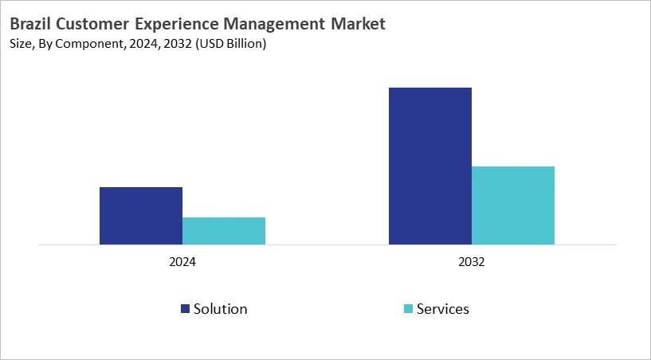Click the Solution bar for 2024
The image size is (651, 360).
pyautogui.click(x=141, y=216)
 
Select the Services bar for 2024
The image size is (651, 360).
pyautogui.click(x=224, y=231)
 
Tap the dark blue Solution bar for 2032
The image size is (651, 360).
pyautogui.click(x=430, y=166)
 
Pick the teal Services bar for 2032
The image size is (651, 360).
pyautogui.click(x=513, y=205)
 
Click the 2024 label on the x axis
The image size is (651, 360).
pyautogui.click(x=182, y=262)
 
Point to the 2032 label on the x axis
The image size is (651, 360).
pyautogui.click(x=472, y=262)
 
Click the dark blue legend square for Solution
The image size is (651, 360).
pyautogui.click(x=185, y=309)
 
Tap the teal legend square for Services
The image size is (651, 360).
pyautogui.click(x=408, y=309)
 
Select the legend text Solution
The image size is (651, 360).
pyautogui.click(x=220, y=309)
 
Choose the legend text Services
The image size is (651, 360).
pyautogui.click(x=443, y=309)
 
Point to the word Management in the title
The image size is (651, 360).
pyautogui.click(x=276, y=25)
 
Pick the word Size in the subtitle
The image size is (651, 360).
pyautogui.click(x=22, y=45)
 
